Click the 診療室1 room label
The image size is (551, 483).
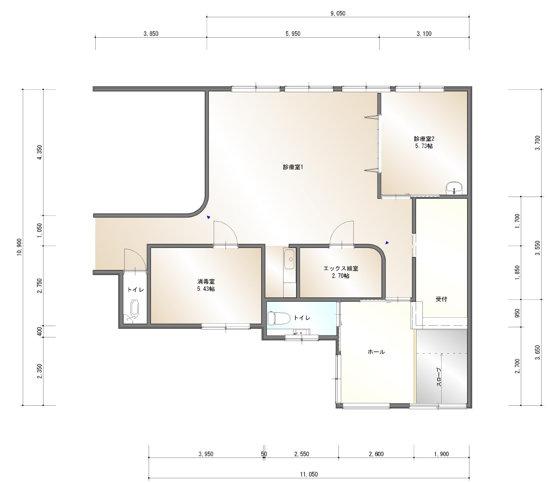point(293,167)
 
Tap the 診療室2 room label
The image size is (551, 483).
point(424,139)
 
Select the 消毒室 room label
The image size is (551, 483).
point(206,281)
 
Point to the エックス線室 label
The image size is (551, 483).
point(341,269)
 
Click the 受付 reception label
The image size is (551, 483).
point(441,299)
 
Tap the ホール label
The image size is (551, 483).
point(376,352)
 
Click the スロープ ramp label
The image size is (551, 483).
point(438,377)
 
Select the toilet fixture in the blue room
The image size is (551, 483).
point(278,318)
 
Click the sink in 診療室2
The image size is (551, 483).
point(454,188)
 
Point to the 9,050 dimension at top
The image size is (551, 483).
point(338,14)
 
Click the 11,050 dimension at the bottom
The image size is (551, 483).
point(309,474)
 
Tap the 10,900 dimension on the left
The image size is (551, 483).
point(20,247)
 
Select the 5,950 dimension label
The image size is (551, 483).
point(293,34)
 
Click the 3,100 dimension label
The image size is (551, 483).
point(424,34)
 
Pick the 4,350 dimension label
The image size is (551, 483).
point(40,152)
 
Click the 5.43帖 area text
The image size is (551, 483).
point(206,289)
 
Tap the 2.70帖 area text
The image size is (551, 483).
point(341,276)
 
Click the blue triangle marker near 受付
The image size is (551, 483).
point(387,242)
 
